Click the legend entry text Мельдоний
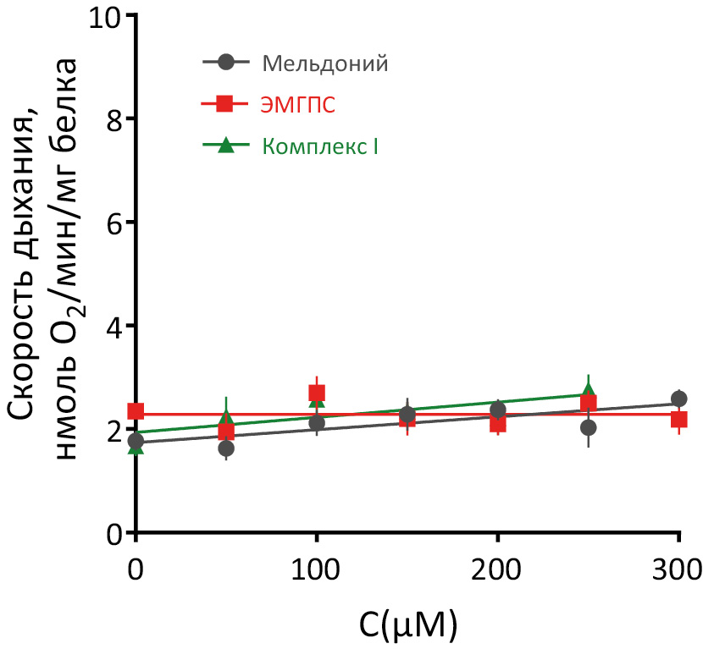click(x=325, y=63)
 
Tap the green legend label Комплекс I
click(x=320, y=146)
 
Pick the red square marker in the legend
click(x=225, y=104)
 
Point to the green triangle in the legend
click(x=225, y=145)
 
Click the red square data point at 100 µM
click(x=317, y=393)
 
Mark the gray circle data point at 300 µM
click(x=678, y=399)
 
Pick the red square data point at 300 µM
click(x=678, y=419)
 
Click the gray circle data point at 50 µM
click(x=226, y=448)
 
